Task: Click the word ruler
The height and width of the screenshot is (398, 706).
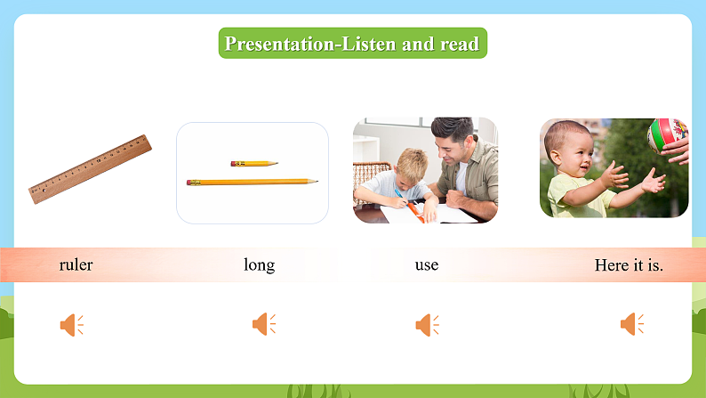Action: (76, 264)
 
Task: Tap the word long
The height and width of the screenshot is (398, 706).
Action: (259, 264)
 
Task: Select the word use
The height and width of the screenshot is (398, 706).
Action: (426, 264)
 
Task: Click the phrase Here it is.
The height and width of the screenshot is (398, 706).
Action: (629, 264)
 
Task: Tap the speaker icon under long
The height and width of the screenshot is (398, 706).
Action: (263, 324)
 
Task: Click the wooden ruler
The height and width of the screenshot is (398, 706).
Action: (90, 169)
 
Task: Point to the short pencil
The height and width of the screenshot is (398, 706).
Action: (253, 164)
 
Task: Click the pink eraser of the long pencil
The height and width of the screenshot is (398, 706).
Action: (190, 183)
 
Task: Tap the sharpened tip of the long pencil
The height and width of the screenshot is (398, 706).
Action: (316, 182)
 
